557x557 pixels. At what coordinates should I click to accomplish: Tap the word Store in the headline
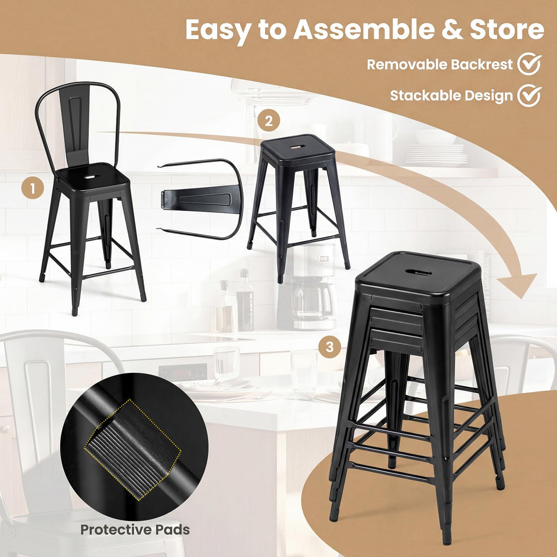506,29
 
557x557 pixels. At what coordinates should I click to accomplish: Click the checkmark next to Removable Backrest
529,64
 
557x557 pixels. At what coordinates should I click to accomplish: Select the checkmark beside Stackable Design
529,96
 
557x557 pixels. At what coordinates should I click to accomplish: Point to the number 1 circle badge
33,188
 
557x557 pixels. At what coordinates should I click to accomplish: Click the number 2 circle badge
268,121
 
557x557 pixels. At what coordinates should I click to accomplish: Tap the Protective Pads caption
135,529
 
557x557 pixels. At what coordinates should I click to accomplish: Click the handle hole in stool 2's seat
297,146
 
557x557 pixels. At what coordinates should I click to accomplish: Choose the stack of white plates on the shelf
436,155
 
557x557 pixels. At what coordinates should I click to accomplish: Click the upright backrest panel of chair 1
74,124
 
